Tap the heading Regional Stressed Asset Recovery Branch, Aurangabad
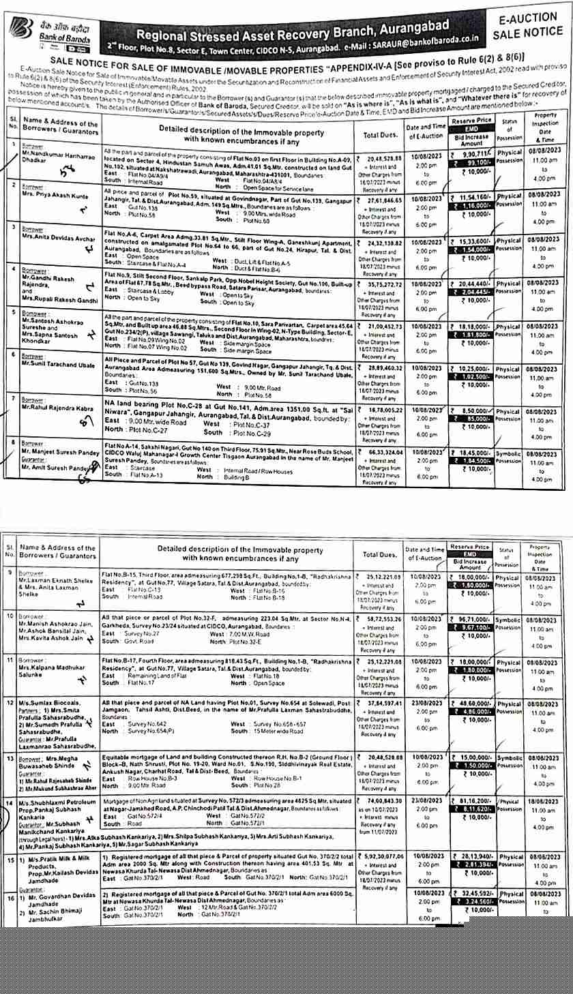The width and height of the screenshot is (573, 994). (293, 31)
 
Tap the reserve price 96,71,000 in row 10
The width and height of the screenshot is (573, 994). (472, 619)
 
